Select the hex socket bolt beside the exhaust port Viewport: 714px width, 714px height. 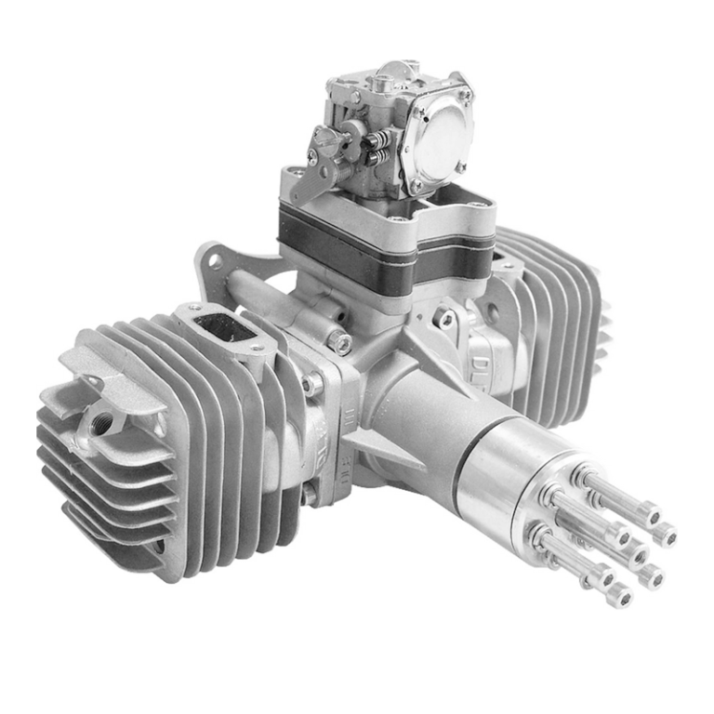(341, 343)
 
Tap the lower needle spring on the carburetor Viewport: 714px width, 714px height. (377, 157)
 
